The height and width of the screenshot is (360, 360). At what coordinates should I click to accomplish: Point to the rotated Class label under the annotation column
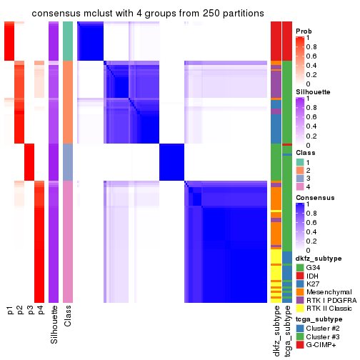(x=68, y=316)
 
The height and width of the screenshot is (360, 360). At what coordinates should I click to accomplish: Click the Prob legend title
(x=305, y=31)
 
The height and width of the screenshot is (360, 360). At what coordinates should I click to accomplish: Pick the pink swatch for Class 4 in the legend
(x=300, y=188)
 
